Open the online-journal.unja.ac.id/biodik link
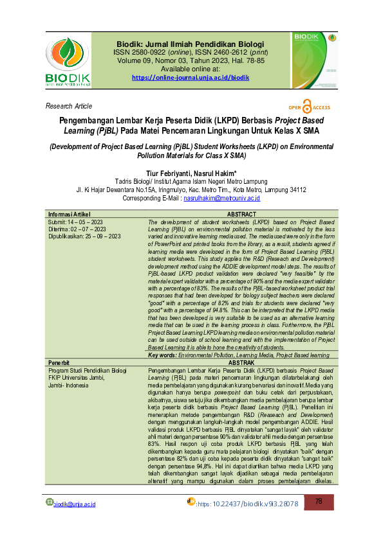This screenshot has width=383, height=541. click(x=191, y=77)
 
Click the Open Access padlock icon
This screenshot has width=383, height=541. click(x=307, y=108)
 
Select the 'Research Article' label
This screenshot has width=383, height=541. click(x=69, y=106)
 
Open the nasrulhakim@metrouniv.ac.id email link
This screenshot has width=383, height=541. click(x=222, y=199)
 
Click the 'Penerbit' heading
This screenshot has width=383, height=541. click(x=59, y=362)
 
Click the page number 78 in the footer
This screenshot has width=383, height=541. click(x=319, y=519)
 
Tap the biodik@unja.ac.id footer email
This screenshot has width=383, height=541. click(x=74, y=522)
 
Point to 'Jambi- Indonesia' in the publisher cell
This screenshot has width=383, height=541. click(x=73, y=385)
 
